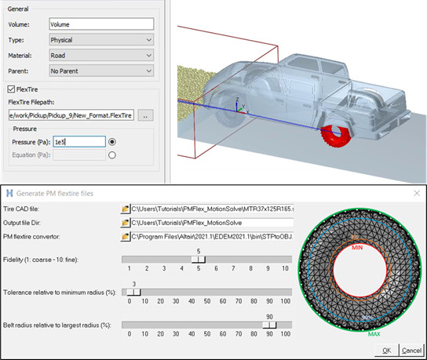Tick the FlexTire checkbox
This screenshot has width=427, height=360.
11,90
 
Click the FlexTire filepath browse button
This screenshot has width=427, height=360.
145,115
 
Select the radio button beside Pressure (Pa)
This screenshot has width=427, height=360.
113,142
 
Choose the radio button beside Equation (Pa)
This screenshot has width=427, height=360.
113,155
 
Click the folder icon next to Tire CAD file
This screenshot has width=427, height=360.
125,209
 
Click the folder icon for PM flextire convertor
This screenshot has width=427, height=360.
125,236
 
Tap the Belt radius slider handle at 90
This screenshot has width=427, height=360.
269,325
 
